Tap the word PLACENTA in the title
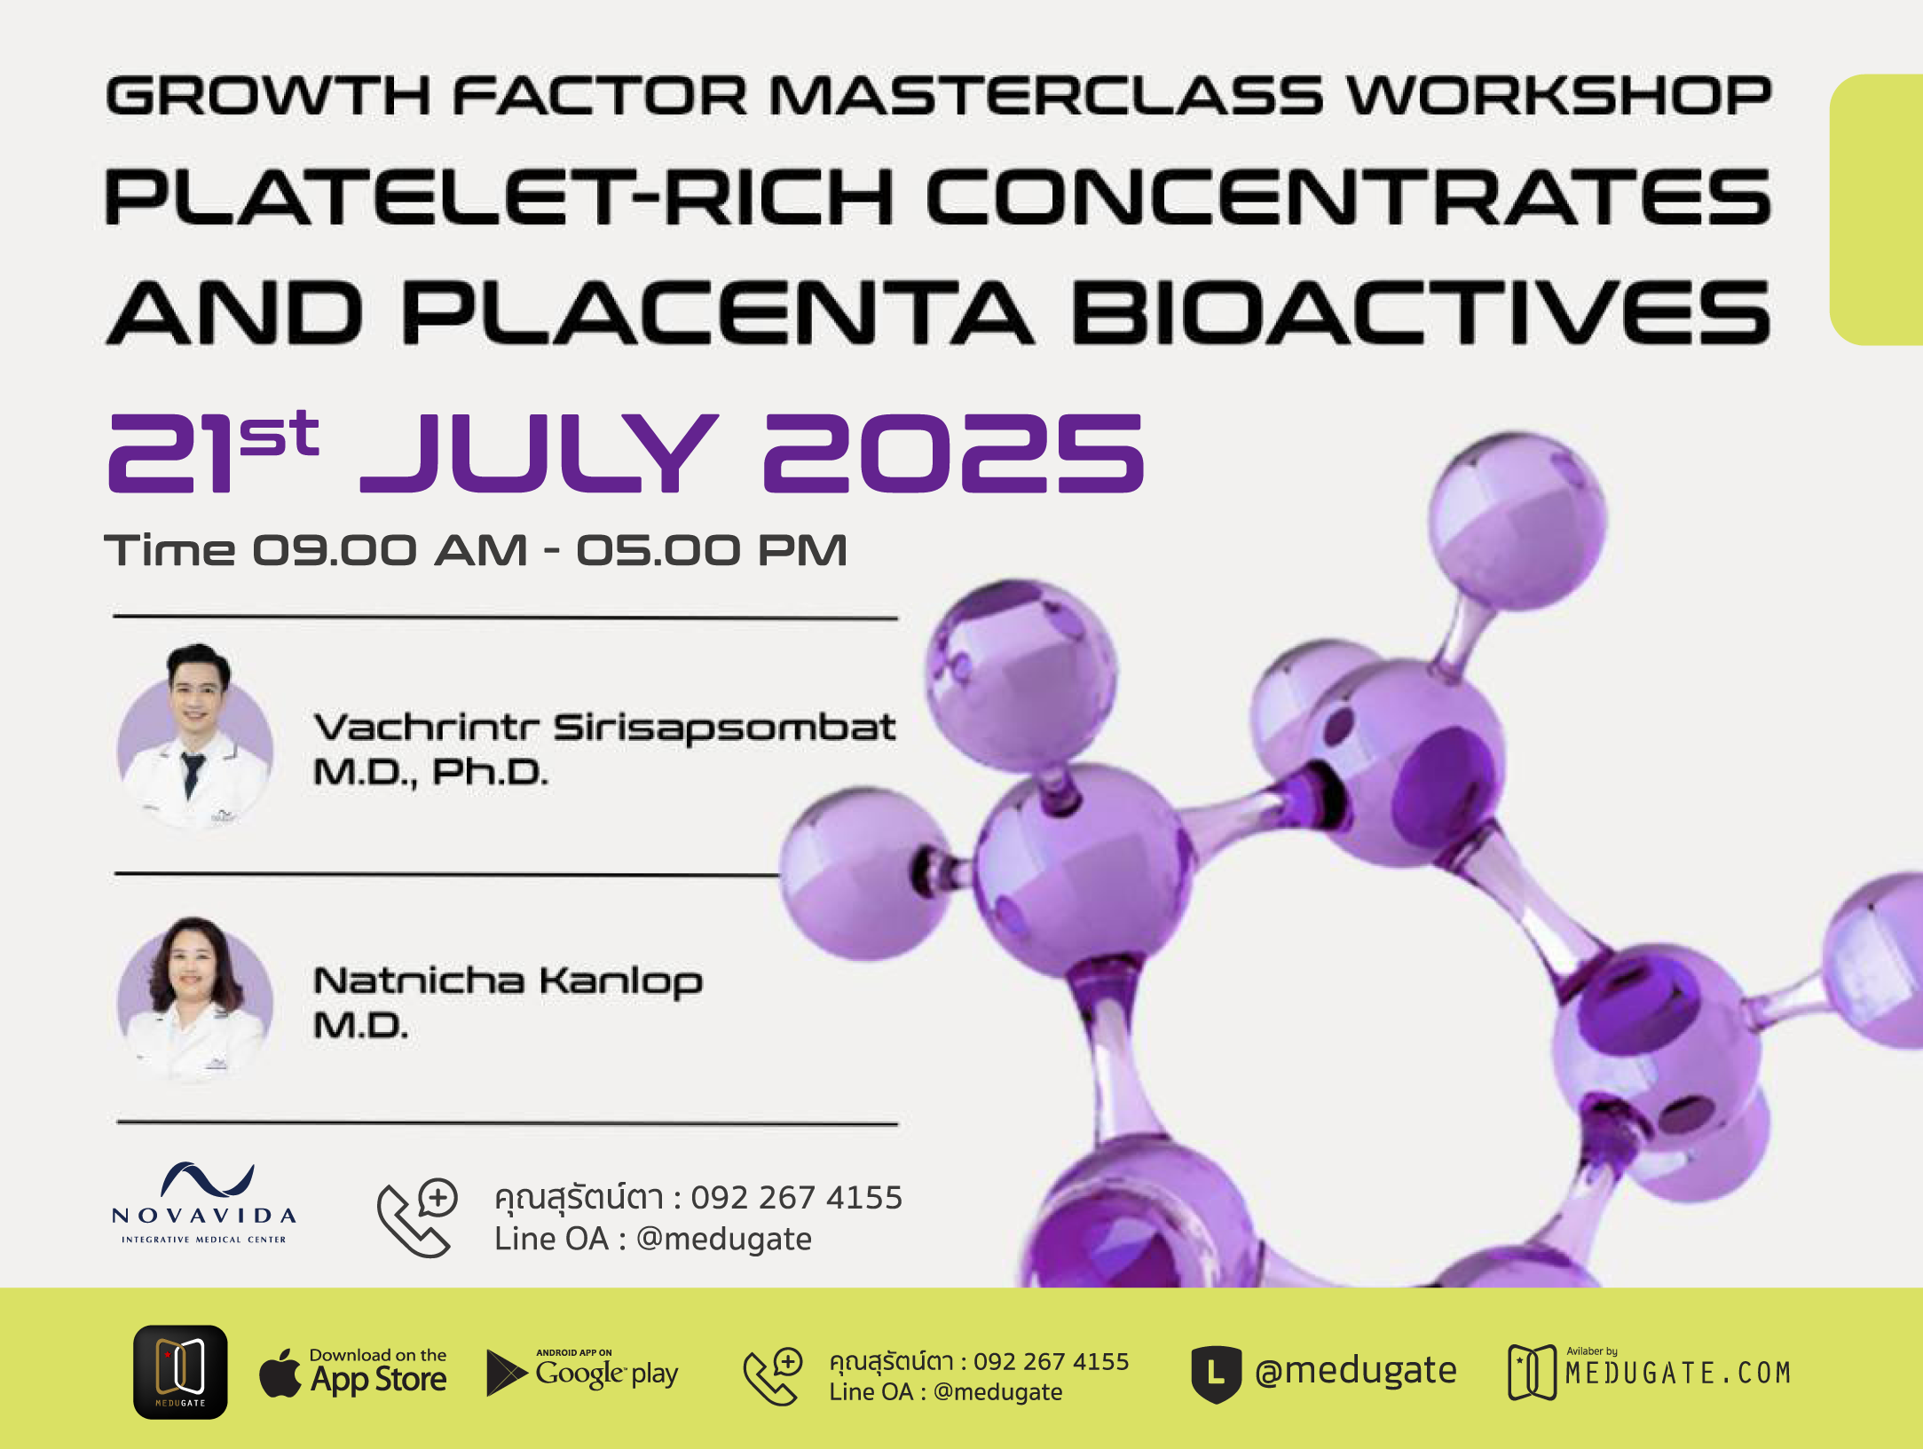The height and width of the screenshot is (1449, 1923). [717, 312]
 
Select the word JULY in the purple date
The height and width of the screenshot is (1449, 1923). [539, 453]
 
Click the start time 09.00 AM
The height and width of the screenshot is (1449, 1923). [390, 550]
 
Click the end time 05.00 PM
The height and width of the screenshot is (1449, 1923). [712, 550]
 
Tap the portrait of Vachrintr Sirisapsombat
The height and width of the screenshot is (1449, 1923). [195, 736]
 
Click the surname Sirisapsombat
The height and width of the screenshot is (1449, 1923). [724, 728]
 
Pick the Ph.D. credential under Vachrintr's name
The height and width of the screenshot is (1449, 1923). [490, 772]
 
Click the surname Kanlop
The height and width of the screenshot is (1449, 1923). [621, 982]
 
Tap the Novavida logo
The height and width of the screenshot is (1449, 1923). [204, 1203]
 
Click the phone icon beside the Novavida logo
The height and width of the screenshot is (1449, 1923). [417, 1217]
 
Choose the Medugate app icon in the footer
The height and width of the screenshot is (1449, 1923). [180, 1372]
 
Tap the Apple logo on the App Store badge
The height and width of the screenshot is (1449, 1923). [280, 1374]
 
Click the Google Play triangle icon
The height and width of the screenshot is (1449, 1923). [506, 1373]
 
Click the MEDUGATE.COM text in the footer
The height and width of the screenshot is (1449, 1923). [1678, 1374]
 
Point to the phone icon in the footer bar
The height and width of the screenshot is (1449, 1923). [773, 1376]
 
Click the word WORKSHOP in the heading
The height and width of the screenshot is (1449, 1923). [1559, 96]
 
